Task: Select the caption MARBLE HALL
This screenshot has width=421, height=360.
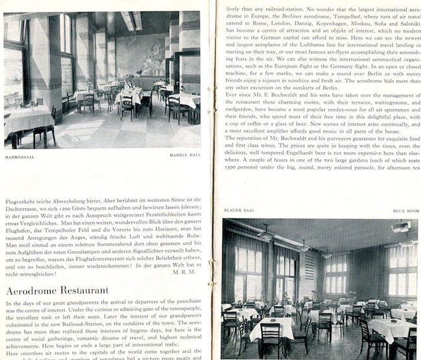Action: pos(183,155)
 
